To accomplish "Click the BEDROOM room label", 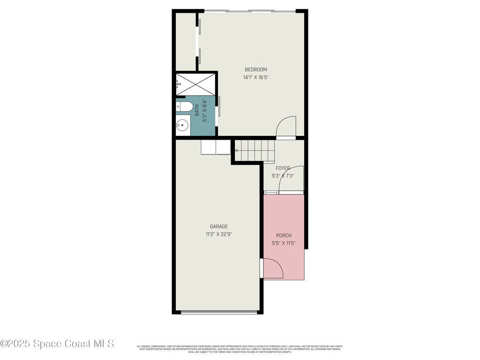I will pyautogui.click(x=255, y=70).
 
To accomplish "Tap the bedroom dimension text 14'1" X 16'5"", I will pyautogui.click(x=255, y=78).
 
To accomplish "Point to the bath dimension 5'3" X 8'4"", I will pyautogui.click(x=204, y=110).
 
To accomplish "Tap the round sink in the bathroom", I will pyautogui.click(x=182, y=125).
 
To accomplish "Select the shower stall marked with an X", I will pyautogui.click(x=196, y=84).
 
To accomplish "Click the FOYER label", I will pyautogui.click(x=283, y=168).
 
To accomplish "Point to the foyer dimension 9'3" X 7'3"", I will pyautogui.click(x=283, y=176).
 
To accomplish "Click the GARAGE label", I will pyautogui.click(x=218, y=226).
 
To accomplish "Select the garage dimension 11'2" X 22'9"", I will pyautogui.click(x=218, y=234).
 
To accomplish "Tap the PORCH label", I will pyautogui.click(x=284, y=235).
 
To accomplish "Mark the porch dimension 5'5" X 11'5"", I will pyautogui.click(x=284, y=243).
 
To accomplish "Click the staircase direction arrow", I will pyautogui.click(x=236, y=150).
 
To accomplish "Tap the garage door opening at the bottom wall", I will pyautogui.click(x=219, y=312).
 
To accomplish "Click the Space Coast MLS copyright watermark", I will pyautogui.click(x=57, y=344).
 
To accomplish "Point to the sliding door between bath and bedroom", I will pyautogui.click(x=219, y=109).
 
